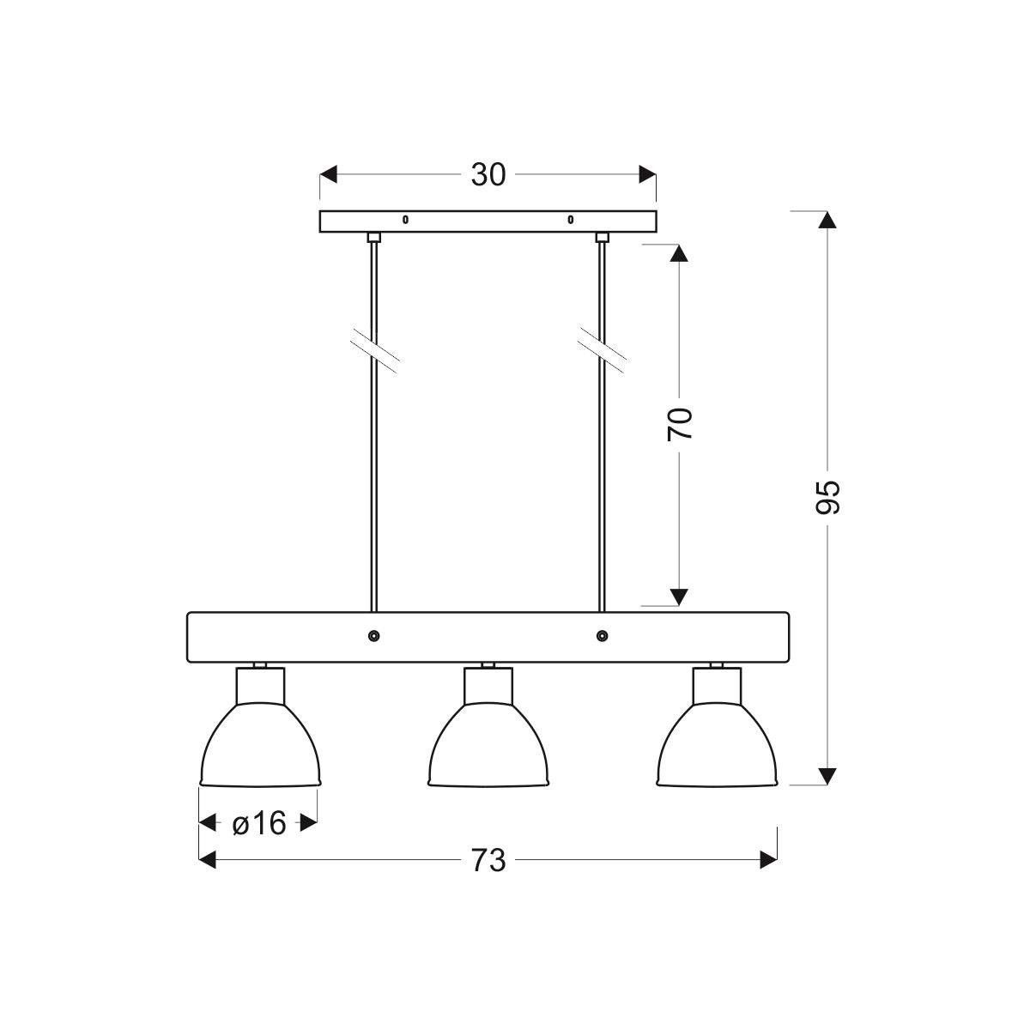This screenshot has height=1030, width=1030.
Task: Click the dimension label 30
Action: [488, 174]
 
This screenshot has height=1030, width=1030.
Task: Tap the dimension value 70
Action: [679, 424]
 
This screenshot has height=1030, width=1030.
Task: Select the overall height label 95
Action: [827, 497]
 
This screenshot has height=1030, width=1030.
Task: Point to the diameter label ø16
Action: [259, 823]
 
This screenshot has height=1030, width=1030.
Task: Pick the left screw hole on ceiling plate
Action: [405, 220]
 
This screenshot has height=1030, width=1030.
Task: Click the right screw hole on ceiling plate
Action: [570, 220]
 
